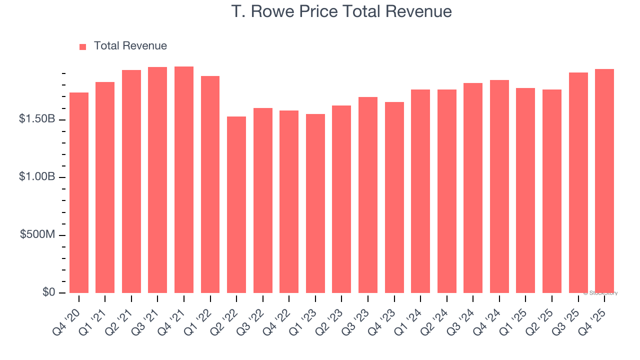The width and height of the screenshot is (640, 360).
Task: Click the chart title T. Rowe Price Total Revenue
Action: [x=341, y=11]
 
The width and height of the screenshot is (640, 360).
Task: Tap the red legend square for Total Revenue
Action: [x=83, y=46]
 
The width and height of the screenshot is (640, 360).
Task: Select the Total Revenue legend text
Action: [x=130, y=46]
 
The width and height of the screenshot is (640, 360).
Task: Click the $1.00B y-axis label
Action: [x=37, y=177]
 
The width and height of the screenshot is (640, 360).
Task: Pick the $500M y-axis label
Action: [x=37, y=234]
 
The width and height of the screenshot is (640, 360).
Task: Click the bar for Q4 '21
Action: [x=184, y=180]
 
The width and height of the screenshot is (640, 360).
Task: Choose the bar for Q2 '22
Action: [x=236, y=205]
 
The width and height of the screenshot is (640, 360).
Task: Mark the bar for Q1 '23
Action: [x=315, y=203]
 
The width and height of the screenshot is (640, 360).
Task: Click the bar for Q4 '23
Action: [x=394, y=197]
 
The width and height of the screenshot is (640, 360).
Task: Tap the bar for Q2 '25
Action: [x=552, y=191]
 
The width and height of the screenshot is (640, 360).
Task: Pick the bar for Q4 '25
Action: [x=604, y=181]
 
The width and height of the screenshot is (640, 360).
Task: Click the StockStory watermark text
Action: [x=600, y=293]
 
